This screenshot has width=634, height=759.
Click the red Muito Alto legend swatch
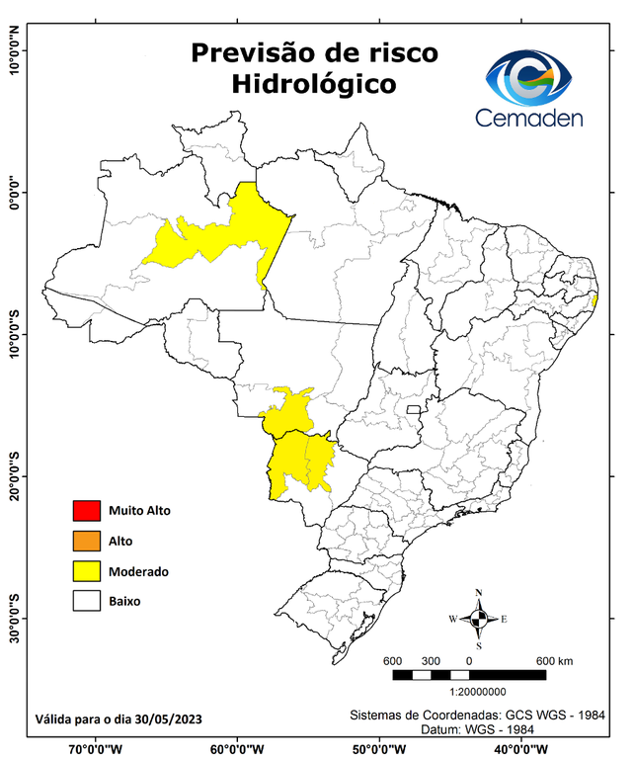(x=87, y=511)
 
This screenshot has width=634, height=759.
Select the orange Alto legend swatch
(x=87, y=541)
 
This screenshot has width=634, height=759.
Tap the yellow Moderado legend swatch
(x=87, y=570)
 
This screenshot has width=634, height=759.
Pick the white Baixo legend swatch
(x=87, y=600)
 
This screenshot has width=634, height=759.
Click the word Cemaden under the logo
(x=529, y=119)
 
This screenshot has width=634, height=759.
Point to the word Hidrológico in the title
(x=314, y=85)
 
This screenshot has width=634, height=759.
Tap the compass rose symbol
(x=479, y=619)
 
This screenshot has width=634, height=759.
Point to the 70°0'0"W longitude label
(x=96, y=749)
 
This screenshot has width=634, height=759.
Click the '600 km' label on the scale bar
(x=554, y=660)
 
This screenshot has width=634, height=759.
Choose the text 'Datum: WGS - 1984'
(x=478, y=728)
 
